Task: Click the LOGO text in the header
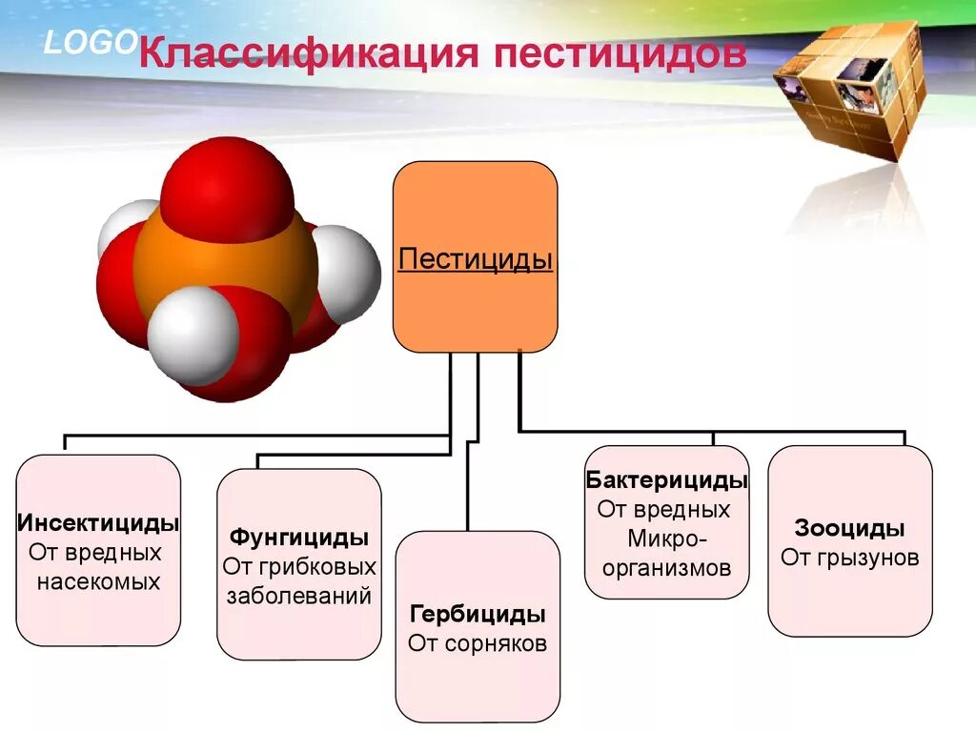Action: click(x=91, y=43)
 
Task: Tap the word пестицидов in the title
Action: click(x=619, y=53)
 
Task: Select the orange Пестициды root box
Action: click(x=476, y=257)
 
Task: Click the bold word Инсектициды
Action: click(x=99, y=523)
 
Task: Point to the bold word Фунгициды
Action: click(x=299, y=537)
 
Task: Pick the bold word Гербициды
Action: click(x=478, y=613)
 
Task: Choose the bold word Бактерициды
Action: click(x=667, y=480)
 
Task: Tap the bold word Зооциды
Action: click(x=849, y=528)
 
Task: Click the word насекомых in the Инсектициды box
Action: click(x=99, y=580)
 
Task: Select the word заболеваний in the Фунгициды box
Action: click(x=299, y=596)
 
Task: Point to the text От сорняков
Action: click(x=478, y=643)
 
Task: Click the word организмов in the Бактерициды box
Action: click(x=667, y=569)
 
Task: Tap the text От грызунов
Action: click(x=849, y=558)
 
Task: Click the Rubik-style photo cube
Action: click(x=852, y=91)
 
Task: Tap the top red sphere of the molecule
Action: click(x=227, y=191)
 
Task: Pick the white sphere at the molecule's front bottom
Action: click(x=193, y=335)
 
